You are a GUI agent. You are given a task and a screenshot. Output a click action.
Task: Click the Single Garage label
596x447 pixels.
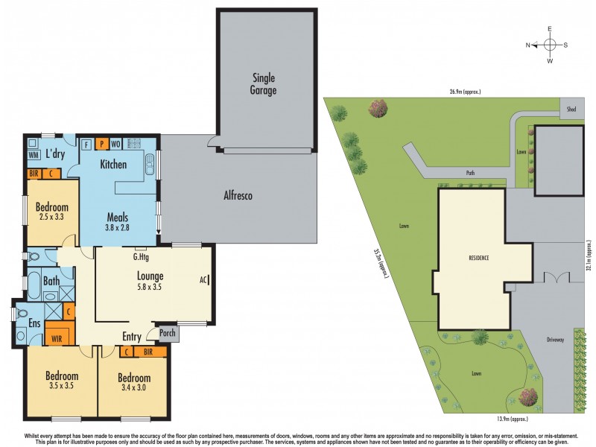pyautogui.click(x=264, y=84)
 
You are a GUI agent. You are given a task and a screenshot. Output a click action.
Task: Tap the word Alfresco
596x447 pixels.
pyautogui.click(x=238, y=196)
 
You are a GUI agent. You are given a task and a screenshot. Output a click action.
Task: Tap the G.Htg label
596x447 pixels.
pyautogui.click(x=143, y=258)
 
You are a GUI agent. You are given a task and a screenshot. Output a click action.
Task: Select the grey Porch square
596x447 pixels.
pyautogui.click(x=168, y=333)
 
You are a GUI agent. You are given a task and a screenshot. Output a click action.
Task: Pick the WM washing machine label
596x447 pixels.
pyautogui.click(x=34, y=155)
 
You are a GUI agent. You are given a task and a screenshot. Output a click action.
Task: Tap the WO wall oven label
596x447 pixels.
pyautogui.click(x=116, y=144)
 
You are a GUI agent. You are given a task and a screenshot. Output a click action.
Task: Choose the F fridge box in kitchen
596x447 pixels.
pyautogui.click(x=86, y=144)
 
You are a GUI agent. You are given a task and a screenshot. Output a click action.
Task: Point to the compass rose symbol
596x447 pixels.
pyautogui.click(x=550, y=45)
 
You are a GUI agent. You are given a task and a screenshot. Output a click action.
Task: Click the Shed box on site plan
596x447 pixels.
pyautogui.click(x=571, y=109)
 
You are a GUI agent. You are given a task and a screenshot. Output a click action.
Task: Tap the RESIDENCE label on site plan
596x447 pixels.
pyautogui.click(x=479, y=258)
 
